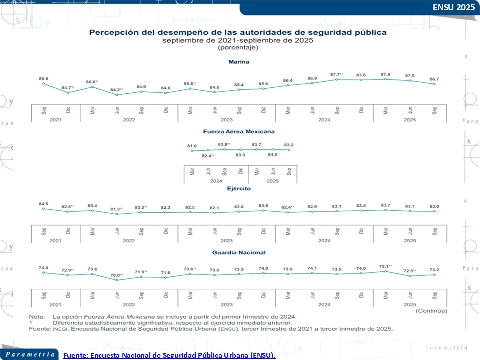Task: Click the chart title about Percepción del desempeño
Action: pyautogui.click(x=237, y=32)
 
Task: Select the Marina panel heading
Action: pyautogui.click(x=239, y=62)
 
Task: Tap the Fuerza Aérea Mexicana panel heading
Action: pyautogui.click(x=239, y=132)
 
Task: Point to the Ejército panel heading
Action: pyautogui.click(x=239, y=189)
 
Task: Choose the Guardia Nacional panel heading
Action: pyautogui.click(x=239, y=253)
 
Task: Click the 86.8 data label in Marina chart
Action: pyautogui.click(x=43, y=78)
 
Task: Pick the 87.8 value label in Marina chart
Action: pyautogui.click(x=385, y=74)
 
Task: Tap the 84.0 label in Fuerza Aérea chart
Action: pyautogui.click(x=273, y=155)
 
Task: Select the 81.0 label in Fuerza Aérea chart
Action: pyautogui.click(x=192, y=146)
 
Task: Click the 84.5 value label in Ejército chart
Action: pyautogui.click(x=43, y=203)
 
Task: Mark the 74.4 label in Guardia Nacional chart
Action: pyautogui.click(x=43, y=268)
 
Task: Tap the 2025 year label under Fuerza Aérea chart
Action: pyautogui.click(x=272, y=181)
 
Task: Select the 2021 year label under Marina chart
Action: pyautogui.click(x=56, y=120)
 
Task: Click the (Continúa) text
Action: pyautogui.click(x=431, y=311)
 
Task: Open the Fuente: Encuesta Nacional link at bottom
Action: pyautogui.click(x=169, y=355)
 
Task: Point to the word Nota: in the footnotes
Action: pyautogui.click(x=36, y=317)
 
